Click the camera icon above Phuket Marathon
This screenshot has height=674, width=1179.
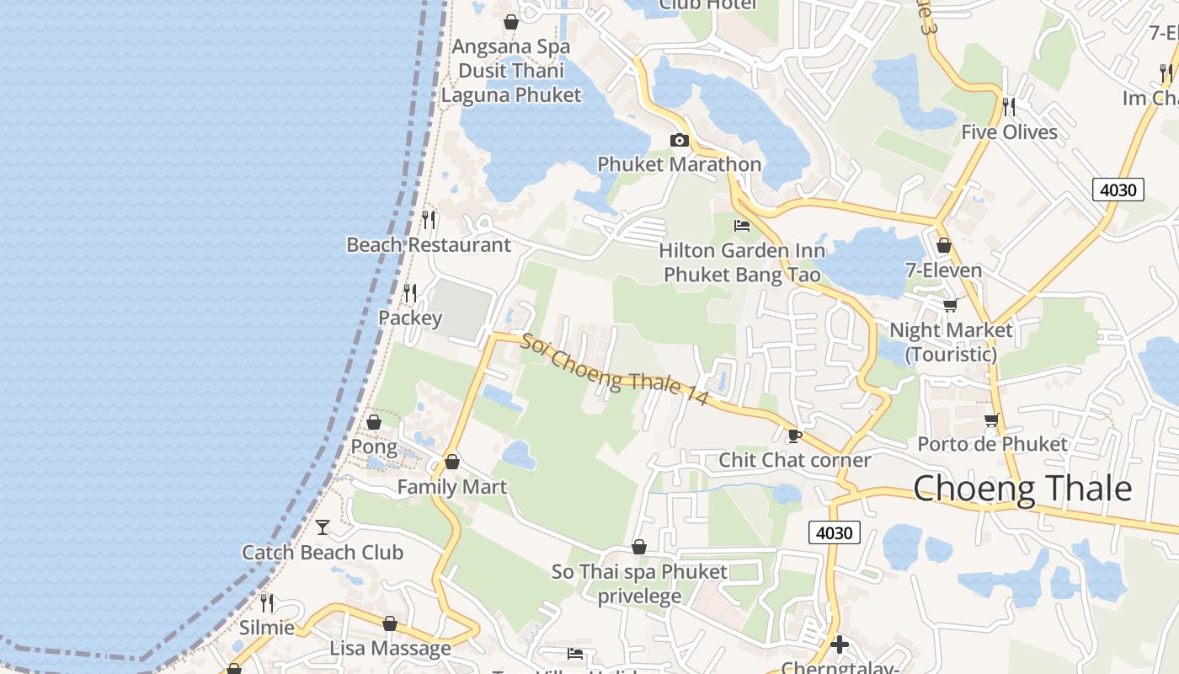(679, 140)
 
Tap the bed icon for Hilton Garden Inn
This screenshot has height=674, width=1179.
(742, 225)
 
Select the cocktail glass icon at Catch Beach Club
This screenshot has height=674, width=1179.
(323, 527)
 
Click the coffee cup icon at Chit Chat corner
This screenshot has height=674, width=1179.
(793, 436)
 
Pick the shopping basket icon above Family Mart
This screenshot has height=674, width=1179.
(452, 462)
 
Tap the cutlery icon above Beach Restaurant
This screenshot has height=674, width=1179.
(429, 220)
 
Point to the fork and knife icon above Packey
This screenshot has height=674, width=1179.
(410, 293)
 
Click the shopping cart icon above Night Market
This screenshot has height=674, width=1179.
(950, 304)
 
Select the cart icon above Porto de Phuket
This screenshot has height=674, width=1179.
(991, 419)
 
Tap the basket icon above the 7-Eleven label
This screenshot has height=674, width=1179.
(944, 245)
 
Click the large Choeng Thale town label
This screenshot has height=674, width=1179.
(1022, 489)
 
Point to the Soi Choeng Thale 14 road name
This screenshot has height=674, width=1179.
(615, 370)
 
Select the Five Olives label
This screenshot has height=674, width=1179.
(1010, 132)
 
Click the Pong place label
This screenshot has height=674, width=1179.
(374, 447)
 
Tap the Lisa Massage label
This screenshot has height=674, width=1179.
(390, 649)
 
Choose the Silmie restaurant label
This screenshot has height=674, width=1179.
(267, 628)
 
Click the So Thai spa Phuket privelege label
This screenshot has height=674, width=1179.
(639, 584)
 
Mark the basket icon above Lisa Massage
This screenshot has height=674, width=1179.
(390, 623)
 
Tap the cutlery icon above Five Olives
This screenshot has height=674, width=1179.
(1009, 107)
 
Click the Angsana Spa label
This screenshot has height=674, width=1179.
(511, 46)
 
